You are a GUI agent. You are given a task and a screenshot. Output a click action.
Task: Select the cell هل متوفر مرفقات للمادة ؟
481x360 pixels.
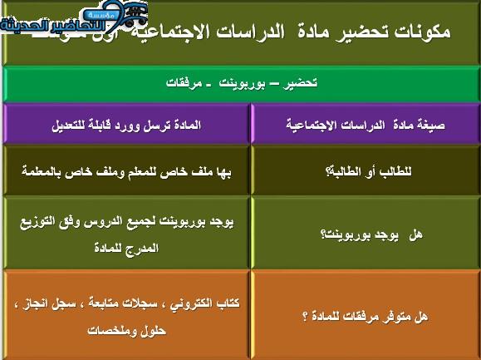[x=366, y=316]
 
